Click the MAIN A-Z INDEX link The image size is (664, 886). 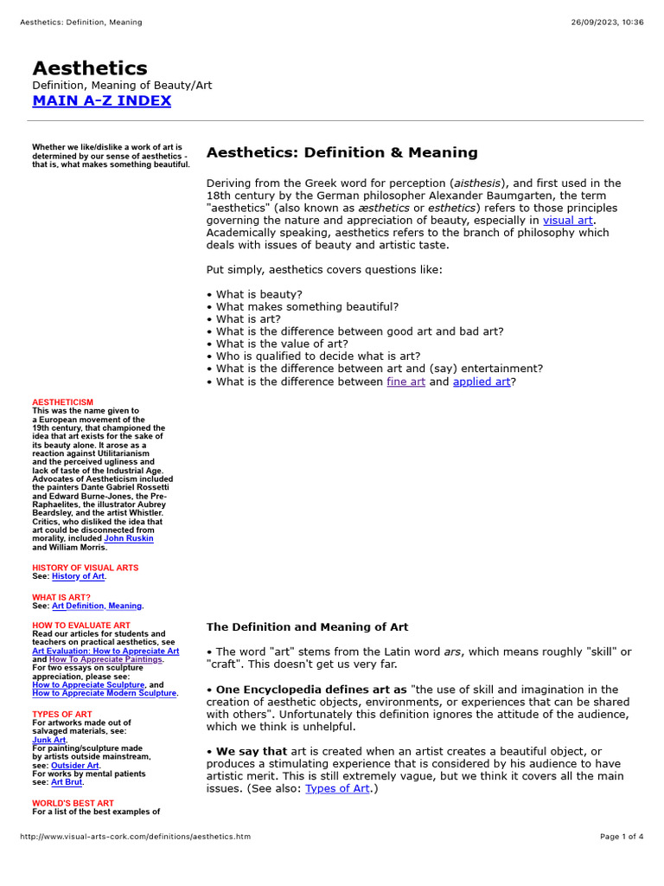click(x=101, y=100)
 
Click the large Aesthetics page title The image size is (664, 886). click(x=90, y=68)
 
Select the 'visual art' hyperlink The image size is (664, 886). click(x=567, y=221)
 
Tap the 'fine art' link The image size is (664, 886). click(x=405, y=382)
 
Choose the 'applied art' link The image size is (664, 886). click(x=482, y=382)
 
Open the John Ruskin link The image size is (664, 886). click(x=129, y=538)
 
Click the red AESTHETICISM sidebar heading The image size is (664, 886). click(x=62, y=402)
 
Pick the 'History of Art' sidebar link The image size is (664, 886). click(x=78, y=576)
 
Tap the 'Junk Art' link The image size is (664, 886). click(x=49, y=740)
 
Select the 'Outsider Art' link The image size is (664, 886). click(x=74, y=766)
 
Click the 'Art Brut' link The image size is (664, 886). click(x=67, y=782)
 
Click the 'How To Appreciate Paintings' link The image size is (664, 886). click(x=106, y=659)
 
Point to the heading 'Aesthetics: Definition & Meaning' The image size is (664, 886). click(x=342, y=153)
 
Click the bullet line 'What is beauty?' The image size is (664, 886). click(x=259, y=294)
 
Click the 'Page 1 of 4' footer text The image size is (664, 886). click(x=622, y=837)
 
